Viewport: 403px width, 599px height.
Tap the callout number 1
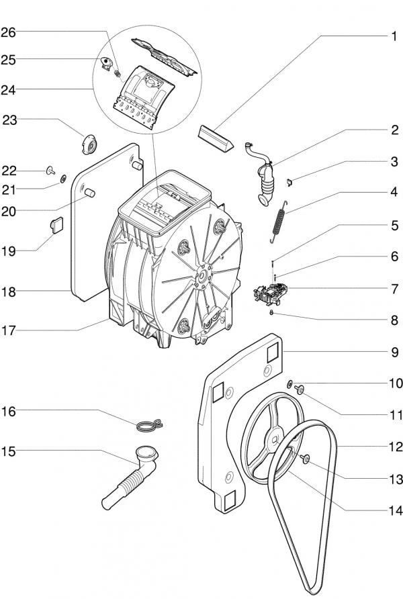point(394,36)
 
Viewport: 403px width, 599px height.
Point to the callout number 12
point(394,445)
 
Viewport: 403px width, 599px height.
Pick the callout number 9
point(394,351)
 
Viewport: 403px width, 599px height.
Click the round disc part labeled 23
point(87,144)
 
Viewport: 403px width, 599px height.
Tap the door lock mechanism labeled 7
point(271,293)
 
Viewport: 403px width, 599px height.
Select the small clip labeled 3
point(285,180)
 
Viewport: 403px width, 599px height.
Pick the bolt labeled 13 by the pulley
point(306,459)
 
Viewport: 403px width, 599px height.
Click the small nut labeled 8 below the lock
point(271,312)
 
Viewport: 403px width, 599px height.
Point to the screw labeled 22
point(51,169)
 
